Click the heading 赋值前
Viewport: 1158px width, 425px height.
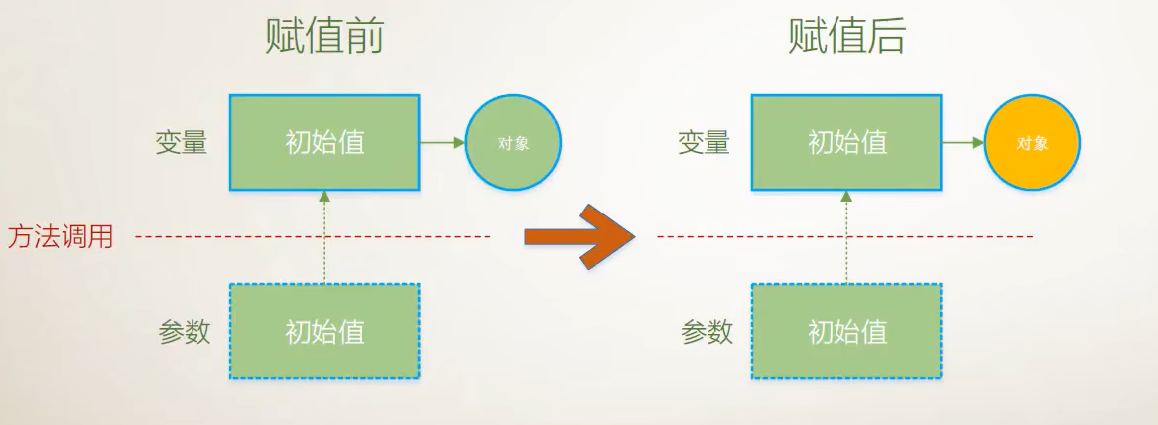click(x=324, y=38)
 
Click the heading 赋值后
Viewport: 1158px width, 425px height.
click(x=846, y=38)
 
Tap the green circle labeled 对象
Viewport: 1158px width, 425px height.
click(x=513, y=143)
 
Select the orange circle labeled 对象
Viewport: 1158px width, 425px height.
click(x=1032, y=143)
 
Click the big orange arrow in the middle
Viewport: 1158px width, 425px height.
click(x=579, y=236)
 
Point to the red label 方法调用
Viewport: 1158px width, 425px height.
click(x=61, y=237)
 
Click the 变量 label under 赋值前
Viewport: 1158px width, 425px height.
click(x=182, y=143)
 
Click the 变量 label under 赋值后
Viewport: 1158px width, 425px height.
click(x=704, y=143)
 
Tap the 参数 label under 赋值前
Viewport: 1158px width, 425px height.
click(x=185, y=331)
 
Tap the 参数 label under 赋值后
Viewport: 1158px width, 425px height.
click(x=707, y=331)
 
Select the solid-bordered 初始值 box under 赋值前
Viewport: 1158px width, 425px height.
click(x=324, y=142)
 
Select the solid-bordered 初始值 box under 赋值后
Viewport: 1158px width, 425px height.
click(x=846, y=142)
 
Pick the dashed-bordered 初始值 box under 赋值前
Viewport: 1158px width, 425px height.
click(x=324, y=331)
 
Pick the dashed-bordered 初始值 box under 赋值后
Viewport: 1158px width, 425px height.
click(x=846, y=331)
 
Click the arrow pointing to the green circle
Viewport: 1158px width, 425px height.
click(x=442, y=143)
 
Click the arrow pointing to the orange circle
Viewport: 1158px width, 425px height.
click(x=963, y=143)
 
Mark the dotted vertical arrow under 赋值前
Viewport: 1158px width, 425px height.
click(x=324, y=238)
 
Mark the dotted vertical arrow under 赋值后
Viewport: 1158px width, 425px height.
click(x=846, y=238)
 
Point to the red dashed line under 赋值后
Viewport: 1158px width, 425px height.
click(x=943, y=236)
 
